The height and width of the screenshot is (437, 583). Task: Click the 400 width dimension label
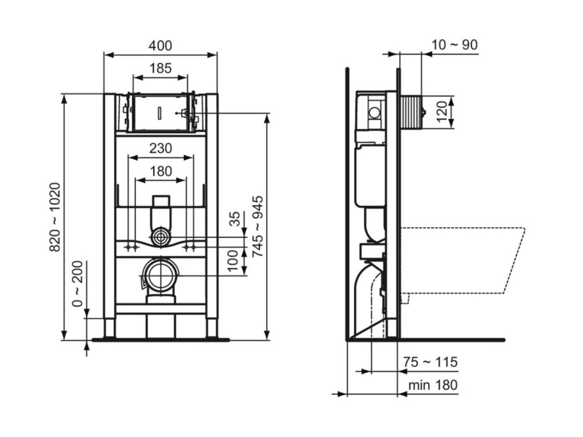160,46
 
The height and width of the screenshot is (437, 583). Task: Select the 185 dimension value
160,68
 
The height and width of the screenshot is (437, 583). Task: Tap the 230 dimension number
161,149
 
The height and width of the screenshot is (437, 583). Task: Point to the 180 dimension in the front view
161,171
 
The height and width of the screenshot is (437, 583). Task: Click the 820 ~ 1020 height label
55,217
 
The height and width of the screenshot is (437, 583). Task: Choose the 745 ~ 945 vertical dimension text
257,226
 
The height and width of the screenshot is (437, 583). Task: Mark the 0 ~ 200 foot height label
77,283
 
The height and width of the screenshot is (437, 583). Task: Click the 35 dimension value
235,219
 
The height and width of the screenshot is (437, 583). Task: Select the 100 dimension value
233,261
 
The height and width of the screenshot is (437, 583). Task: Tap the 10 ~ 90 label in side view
454,45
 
